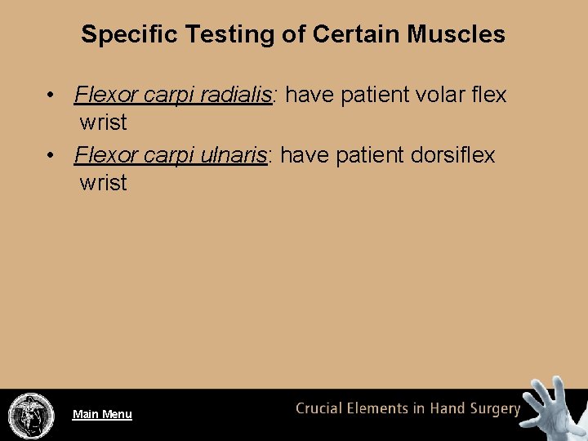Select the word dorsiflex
(453, 155)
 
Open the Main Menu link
(102, 414)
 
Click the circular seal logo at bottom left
(31, 414)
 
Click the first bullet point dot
(51, 96)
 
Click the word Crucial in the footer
(321, 409)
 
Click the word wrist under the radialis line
(103, 123)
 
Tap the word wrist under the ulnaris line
(103, 184)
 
